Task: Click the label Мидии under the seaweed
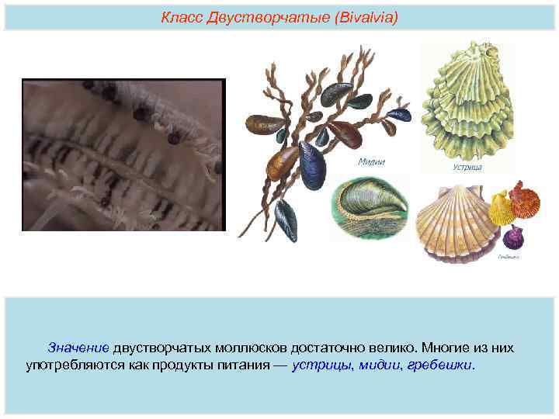(x=371, y=161)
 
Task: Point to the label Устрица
(x=467, y=166)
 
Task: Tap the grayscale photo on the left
(x=123, y=155)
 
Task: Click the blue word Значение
(x=80, y=348)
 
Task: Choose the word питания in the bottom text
(x=242, y=364)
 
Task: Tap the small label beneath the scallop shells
(x=509, y=257)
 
